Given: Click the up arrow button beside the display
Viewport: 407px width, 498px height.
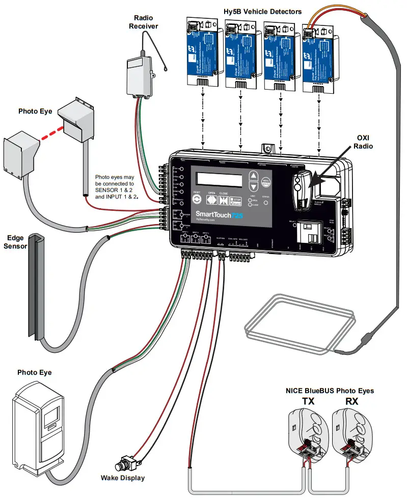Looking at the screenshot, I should point(253,177).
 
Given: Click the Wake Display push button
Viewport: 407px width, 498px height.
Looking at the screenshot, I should point(123,465).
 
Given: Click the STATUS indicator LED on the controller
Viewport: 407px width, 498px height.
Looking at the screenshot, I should point(266,203).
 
